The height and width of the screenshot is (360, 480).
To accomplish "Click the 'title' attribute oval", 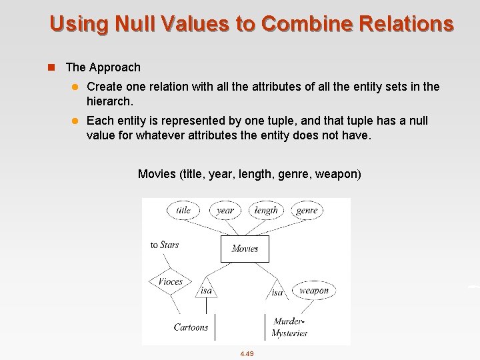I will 183,210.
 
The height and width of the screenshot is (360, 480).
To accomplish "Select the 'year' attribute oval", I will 225,210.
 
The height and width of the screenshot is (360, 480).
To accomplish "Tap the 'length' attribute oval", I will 266,210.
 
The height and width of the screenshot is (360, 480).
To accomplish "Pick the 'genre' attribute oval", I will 307,210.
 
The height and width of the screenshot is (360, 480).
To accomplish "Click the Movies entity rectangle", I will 245,249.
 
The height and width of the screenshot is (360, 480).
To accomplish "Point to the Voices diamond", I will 170,281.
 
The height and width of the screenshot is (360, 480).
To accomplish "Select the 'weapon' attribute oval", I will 313,290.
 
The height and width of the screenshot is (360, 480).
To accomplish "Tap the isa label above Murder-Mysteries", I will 277,292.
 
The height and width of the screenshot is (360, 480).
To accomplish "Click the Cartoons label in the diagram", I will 191,327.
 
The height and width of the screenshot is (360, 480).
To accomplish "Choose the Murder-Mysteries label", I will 290,327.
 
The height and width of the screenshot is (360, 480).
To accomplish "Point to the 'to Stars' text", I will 165,245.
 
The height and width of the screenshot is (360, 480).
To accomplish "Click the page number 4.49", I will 247,353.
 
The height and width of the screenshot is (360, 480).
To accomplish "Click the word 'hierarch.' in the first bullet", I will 110,101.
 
